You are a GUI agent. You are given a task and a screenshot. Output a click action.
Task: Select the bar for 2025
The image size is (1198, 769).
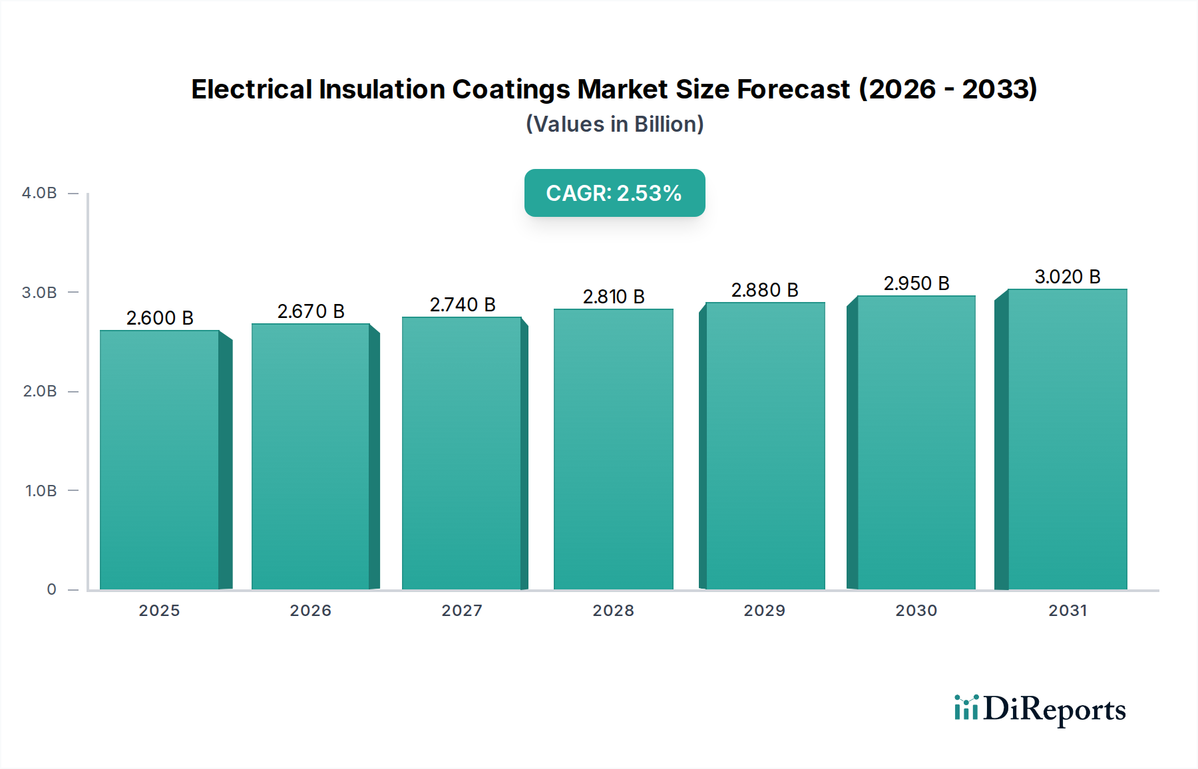160,459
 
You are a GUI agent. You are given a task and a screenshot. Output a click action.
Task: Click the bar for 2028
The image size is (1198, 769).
613,449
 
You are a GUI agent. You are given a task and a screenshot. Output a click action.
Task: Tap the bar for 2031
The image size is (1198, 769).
1067,439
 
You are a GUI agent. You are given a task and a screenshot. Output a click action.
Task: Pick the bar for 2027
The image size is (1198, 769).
461,452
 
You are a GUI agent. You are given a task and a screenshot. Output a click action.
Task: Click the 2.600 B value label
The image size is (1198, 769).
160,318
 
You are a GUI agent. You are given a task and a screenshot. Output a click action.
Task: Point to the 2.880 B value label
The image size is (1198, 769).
765,290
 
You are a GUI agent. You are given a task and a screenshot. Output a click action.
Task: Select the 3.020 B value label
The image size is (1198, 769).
1067,277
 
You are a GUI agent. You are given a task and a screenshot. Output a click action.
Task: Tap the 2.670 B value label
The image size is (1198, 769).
311,311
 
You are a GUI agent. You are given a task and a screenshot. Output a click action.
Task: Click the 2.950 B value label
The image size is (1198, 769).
916,283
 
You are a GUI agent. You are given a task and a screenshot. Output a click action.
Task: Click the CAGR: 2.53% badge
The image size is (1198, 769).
614,193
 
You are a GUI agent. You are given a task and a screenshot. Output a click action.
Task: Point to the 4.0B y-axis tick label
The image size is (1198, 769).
39,193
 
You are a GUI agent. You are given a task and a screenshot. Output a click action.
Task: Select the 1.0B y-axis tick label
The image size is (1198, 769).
41,491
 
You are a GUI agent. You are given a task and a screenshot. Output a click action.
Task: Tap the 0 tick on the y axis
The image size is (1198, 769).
51,589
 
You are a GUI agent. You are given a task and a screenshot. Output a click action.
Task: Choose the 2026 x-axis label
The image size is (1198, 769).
310,611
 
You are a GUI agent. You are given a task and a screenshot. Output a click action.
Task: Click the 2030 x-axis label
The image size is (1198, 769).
916,611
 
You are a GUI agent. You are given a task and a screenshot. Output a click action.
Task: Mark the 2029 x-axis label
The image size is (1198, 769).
764,611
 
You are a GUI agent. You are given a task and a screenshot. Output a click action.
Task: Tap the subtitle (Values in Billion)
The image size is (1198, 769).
614,124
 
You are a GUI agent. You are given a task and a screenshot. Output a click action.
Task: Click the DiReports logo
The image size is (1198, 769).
1040,709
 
